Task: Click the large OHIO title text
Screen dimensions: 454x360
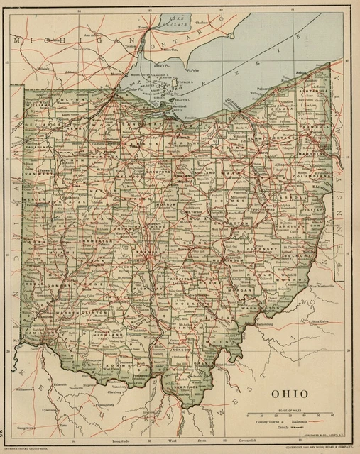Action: tap(289, 392)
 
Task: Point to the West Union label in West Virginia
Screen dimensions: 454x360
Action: tap(324, 321)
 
